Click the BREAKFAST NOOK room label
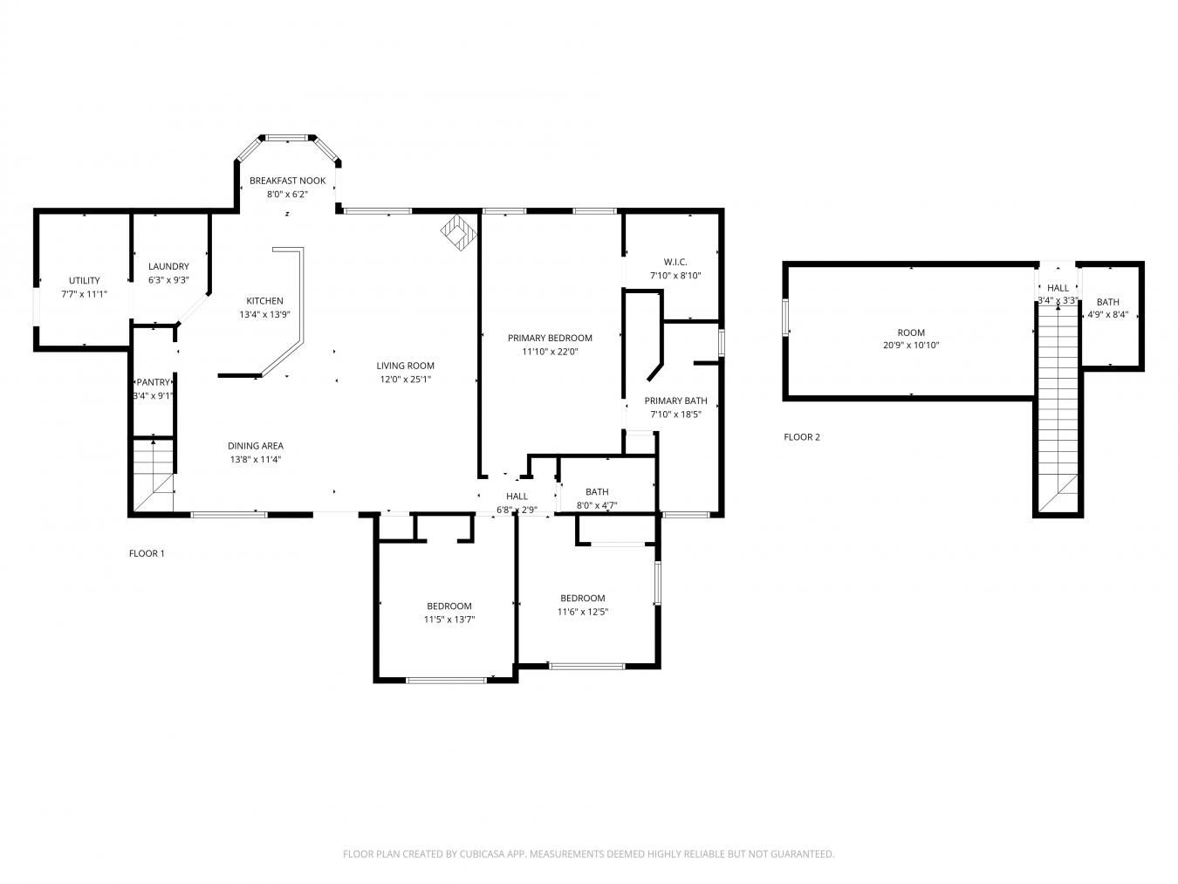287,181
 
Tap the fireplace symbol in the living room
457,233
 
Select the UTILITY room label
85,281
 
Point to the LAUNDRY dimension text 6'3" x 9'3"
168,280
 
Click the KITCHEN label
264,301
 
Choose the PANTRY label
154,383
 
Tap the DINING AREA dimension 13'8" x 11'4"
256,459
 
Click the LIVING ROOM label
405,367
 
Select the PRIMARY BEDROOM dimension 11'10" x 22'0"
550,352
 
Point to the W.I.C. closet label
675,262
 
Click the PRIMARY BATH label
675,401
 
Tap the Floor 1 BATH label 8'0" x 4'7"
597,492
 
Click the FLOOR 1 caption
147,553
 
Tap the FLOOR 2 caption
802,437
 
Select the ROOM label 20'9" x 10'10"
911,332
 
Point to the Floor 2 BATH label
1107,302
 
